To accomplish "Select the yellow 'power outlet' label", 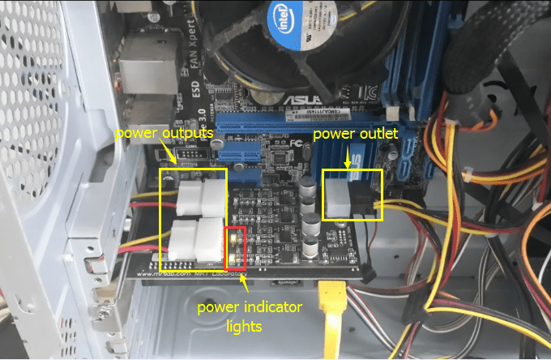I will point(355,133).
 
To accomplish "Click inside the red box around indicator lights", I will point(234,247).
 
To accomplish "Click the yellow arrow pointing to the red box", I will point(243,280).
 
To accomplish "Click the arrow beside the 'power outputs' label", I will point(170,149).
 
